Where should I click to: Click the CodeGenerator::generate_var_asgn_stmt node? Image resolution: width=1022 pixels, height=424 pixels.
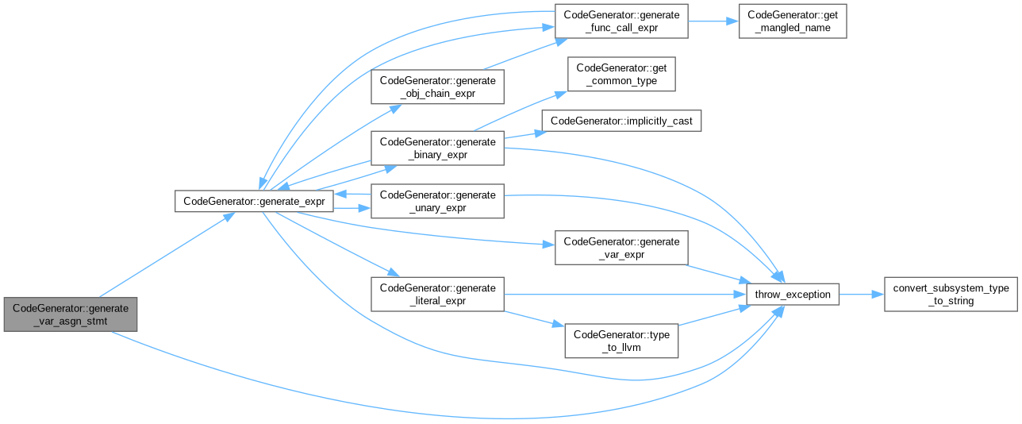71,314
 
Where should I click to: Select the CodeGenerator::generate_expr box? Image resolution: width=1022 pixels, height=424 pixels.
254,201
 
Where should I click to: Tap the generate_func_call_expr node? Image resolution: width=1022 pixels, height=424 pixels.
621,21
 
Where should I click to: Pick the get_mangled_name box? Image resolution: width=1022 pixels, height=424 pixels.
792,21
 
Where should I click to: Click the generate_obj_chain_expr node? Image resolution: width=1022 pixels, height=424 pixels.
437,87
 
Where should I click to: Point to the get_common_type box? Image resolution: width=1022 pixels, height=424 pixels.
621,75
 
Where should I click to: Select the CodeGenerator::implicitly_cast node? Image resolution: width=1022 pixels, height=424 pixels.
621,121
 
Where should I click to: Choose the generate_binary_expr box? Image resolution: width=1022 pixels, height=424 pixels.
437,148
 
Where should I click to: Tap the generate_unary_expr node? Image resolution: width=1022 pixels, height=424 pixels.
437,202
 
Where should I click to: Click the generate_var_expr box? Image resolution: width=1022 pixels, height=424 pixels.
621,249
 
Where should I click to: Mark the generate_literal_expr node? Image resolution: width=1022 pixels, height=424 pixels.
437,295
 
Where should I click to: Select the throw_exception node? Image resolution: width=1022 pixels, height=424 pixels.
793,295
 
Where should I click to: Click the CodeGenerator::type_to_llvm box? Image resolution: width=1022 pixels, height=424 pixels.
621,341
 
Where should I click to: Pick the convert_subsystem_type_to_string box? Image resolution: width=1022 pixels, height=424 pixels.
951,295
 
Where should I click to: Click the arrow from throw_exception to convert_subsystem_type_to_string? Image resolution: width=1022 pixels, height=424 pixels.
861,295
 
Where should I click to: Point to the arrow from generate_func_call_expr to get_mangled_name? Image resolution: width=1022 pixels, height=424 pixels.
713,21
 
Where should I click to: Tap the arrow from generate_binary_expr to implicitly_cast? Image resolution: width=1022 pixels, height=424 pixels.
522,134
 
